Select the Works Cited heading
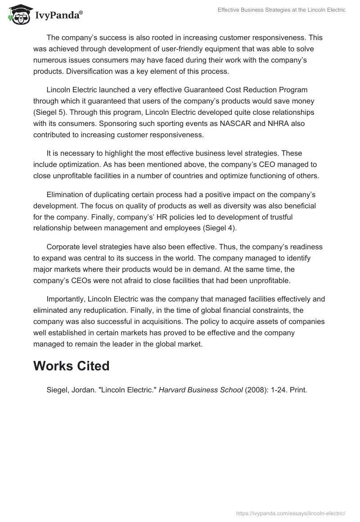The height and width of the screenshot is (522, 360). pyautogui.click(x=71, y=366)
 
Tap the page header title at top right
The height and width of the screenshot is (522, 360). pyautogui.click(x=282, y=10)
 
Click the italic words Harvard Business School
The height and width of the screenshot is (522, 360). pyautogui.click(x=201, y=390)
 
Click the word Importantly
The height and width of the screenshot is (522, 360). pyautogui.click(x=66, y=299)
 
